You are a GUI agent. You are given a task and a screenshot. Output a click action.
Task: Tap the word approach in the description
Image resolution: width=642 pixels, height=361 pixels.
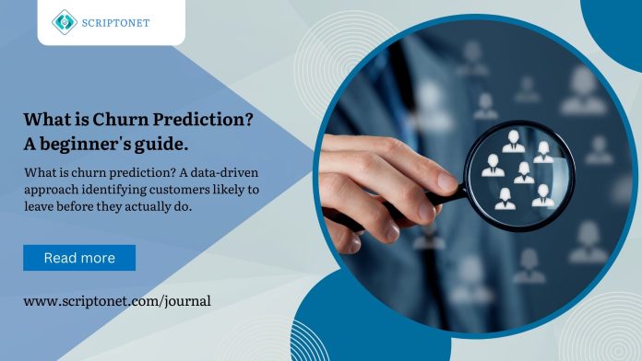[x=51, y=188]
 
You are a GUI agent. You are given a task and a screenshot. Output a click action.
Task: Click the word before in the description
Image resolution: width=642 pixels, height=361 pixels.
[x=83, y=205]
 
